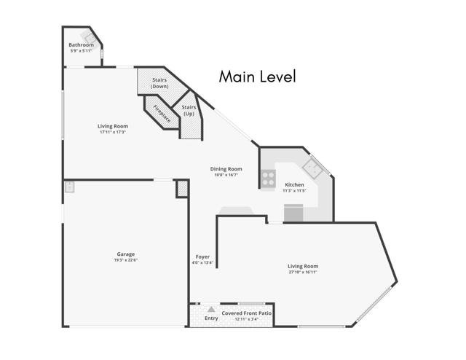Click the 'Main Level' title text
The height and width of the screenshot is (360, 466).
pos(258,77)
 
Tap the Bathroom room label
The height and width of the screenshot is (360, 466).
pos(82,45)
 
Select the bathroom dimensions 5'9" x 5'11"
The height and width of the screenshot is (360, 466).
pos(82,51)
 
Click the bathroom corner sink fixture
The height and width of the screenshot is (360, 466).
pos(88,36)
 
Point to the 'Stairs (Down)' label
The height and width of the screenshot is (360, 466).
pos(159,83)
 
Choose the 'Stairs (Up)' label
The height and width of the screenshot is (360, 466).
pos(189,111)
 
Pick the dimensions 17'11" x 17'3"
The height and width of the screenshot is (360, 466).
pos(113,132)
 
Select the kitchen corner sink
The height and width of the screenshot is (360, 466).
pos(315,168)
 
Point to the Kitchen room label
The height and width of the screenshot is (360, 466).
pos(294,185)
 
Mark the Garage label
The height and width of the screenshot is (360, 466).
pos(125,254)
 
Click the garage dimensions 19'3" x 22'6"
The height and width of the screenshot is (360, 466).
pos(125,260)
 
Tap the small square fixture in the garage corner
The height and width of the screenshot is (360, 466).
pos(69,187)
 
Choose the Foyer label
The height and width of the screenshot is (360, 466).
pos(202,257)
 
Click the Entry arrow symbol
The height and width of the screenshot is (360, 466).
pos(211,310)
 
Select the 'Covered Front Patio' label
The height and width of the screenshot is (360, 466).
pos(247,313)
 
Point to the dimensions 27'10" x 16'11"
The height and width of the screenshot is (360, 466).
pos(302,273)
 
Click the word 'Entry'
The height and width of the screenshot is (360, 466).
pos(211,318)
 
